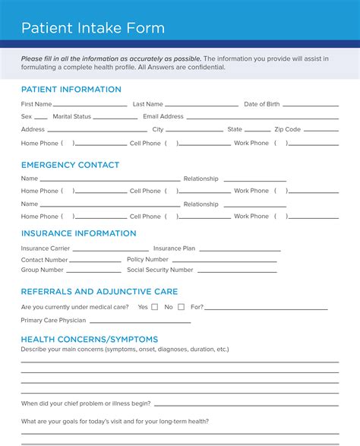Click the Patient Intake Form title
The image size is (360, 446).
point(93,29)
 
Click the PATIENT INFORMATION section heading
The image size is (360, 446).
point(71,90)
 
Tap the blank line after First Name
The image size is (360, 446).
point(90,106)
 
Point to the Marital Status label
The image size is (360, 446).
point(72,117)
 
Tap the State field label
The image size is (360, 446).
point(235,130)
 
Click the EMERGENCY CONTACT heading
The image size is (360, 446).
point(71,165)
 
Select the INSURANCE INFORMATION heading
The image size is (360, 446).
point(79,233)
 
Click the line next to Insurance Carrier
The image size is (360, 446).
point(110,250)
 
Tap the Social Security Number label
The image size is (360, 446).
point(160,270)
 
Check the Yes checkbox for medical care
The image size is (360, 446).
point(155,307)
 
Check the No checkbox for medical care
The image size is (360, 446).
point(180,307)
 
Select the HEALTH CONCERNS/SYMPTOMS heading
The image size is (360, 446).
point(90,339)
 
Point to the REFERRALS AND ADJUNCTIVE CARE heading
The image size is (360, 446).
point(99,291)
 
